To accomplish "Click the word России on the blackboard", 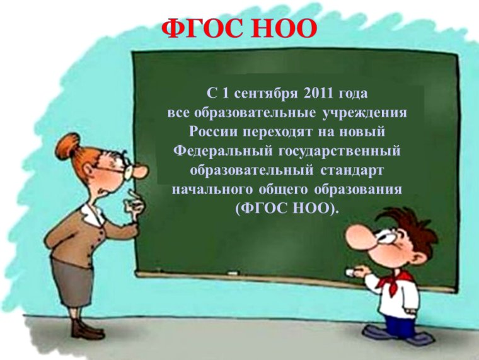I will [x=215, y=132].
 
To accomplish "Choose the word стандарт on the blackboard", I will [x=353, y=170].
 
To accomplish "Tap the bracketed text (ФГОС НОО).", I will [x=286, y=208].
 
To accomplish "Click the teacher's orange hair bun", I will [x=65, y=148].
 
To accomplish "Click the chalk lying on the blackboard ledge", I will [x=233, y=273].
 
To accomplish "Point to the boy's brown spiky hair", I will [x=413, y=224].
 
